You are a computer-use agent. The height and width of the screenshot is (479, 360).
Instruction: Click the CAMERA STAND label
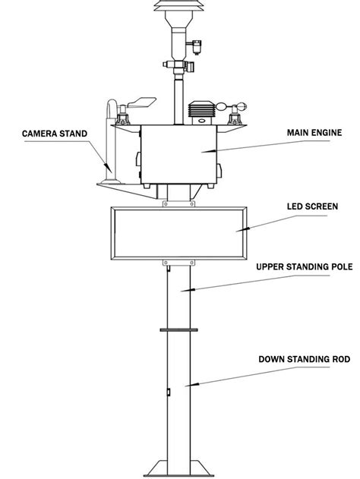tap(55, 134)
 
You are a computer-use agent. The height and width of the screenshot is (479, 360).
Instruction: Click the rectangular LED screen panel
tap(180, 229)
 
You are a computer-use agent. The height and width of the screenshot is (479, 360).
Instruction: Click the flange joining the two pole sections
tap(180, 329)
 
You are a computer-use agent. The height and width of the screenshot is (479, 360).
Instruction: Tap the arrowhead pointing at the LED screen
tap(242, 228)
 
